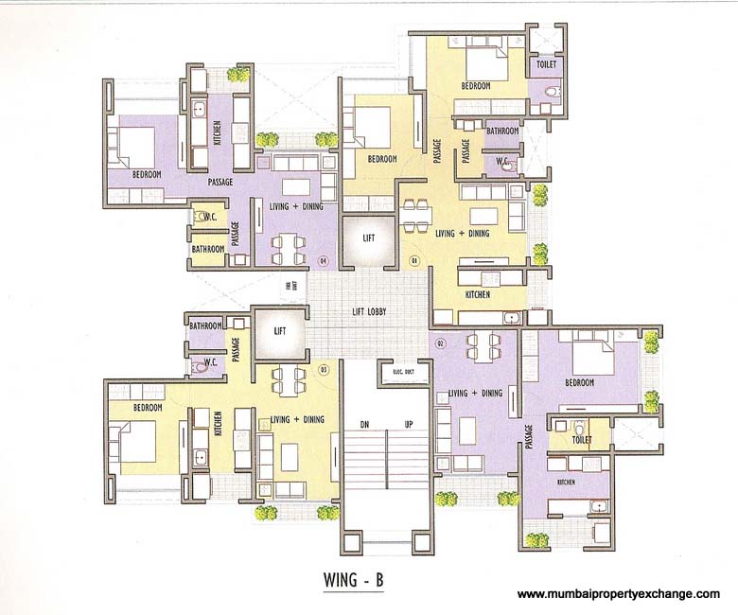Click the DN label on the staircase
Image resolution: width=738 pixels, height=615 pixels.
coord(363,423)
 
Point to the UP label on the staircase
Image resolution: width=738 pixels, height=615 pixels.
coord(409,423)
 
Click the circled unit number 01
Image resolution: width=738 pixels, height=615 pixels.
coord(413,258)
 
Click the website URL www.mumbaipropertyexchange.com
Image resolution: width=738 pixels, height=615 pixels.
coord(619,594)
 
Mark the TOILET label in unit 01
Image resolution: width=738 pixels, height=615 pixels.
coord(546,63)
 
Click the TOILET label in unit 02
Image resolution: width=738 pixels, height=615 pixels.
coord(582,440)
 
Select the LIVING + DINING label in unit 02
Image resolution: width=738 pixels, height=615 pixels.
coord(475,393)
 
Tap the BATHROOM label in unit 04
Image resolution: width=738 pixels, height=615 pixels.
coord(207,249)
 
